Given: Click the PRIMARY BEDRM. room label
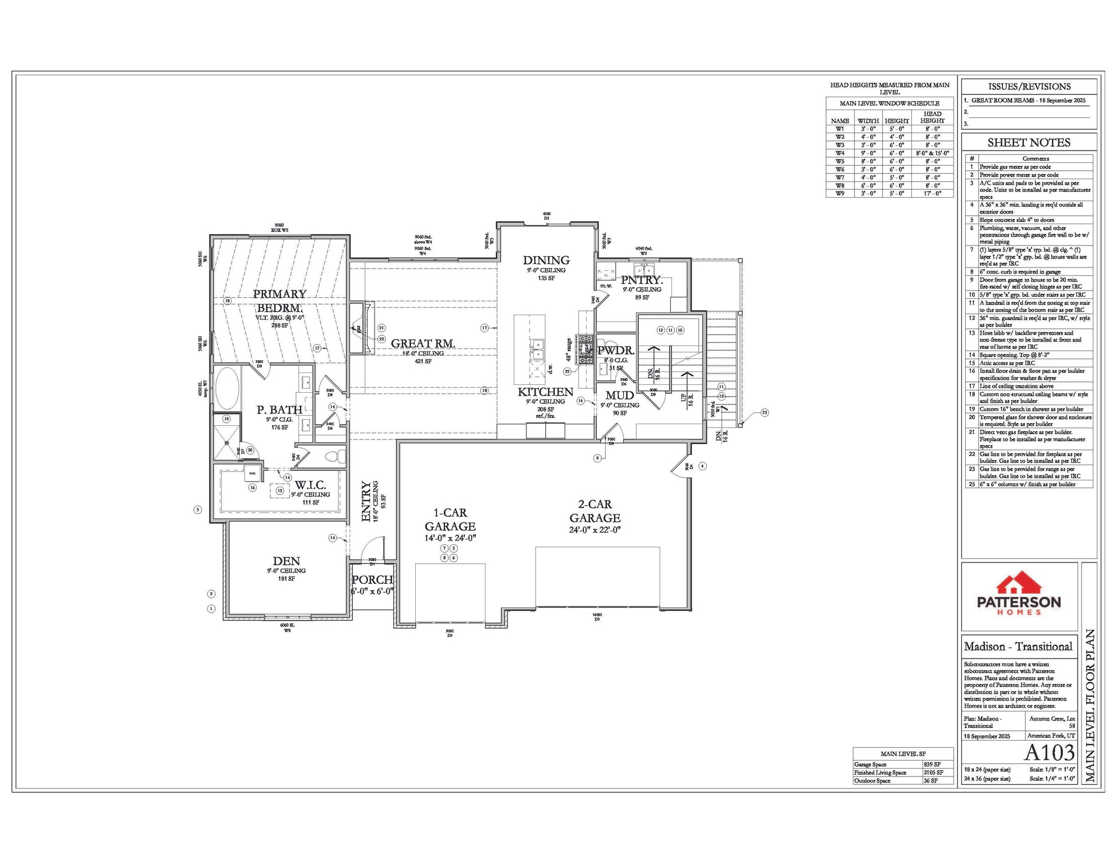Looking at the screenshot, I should pos(280,301).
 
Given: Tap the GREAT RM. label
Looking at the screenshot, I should pos(423,343).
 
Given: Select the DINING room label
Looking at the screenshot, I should pos(546,260).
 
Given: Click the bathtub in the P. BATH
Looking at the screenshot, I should pos(228,388).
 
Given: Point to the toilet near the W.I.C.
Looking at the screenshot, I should pos(335,456).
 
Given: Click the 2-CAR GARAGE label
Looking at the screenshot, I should pos(594,511).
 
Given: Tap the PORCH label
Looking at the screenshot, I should pos(372,579).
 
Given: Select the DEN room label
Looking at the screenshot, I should pos(286,561).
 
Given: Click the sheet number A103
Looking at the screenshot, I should pos(1049,752).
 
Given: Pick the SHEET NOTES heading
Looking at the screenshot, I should pos(1029,143).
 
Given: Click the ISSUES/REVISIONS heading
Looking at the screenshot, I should pos(1029,87).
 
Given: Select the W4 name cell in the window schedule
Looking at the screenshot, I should pos(839,153).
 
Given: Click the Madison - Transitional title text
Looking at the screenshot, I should pos(1018,646).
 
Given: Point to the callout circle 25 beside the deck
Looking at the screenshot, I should pos(764,412).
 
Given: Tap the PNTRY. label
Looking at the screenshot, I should pos(642,280).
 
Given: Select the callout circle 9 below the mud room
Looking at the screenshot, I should pos(597,458).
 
